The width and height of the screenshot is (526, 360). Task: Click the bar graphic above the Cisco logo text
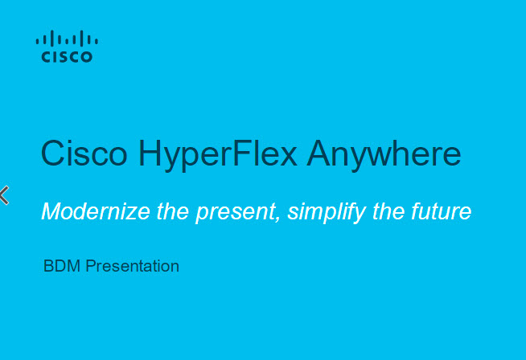67,39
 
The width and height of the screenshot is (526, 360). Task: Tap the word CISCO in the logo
67,56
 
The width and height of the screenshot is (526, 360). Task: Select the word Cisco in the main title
84,153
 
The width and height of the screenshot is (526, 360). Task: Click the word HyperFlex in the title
218,156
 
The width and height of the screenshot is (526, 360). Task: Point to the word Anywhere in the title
384,156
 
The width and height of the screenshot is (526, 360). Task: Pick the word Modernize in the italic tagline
96,211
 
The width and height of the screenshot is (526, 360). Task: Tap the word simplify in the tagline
327,212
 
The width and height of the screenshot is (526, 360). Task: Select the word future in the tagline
441,211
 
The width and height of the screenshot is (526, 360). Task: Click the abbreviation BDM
62,266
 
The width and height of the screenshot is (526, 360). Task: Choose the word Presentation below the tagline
133,266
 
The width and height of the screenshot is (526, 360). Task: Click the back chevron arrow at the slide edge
4,195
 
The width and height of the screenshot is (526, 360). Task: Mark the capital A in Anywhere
319,153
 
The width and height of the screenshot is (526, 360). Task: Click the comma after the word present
277,219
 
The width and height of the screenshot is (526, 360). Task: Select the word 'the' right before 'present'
173,211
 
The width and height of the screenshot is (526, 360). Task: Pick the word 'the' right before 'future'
388,211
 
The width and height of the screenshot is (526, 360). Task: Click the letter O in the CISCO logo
86,56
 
